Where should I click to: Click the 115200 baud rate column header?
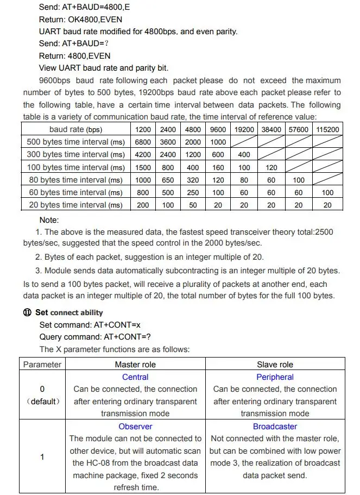point(327,129)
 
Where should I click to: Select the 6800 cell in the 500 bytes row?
point(143,142)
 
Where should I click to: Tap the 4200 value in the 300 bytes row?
point(143,154)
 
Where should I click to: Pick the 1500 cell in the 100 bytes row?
point(143,167)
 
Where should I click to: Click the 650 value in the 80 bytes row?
point(168,180)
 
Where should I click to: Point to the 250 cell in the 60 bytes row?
point(193,192)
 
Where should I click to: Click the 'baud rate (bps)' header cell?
point(76,129)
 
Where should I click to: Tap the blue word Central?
point(135,377)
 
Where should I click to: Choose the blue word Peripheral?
point(275,377)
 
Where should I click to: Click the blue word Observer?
point(135,427)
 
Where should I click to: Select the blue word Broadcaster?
point(275,427)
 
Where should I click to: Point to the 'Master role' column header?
point(135,365)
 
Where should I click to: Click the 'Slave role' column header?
point(275,365)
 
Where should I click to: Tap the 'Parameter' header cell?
point(42,365)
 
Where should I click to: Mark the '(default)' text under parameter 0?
point(42,402)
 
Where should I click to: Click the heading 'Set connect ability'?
point(69,313)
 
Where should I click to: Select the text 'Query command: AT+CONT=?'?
point(95,337)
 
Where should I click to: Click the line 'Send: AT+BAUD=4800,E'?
point(85,8)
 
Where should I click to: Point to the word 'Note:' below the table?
point(49,220)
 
